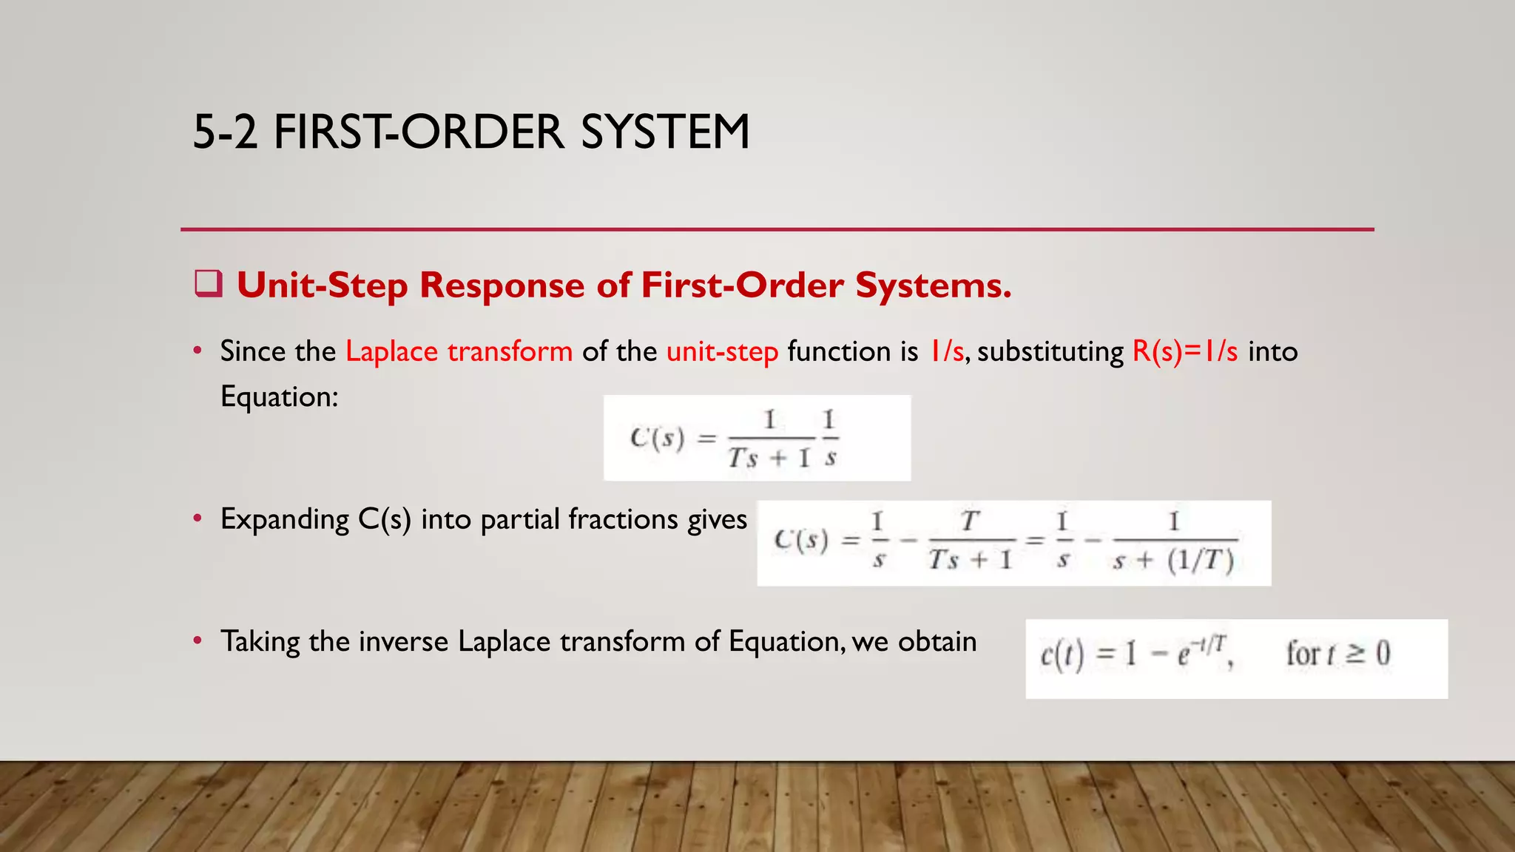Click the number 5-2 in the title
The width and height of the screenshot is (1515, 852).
click(225, 132)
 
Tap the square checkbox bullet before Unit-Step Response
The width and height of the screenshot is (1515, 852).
click(209, 284)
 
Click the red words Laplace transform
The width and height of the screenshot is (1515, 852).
click(459, 351)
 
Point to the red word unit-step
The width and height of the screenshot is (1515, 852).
click(722, 351)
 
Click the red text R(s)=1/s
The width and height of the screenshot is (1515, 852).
click(1184, 351)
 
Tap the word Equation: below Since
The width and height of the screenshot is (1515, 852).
click(279, 397)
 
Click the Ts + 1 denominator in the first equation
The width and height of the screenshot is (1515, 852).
click(770, 458)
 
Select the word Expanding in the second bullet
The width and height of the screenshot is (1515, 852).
click(284, 520)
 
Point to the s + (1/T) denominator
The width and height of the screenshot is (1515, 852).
click(1174, 561)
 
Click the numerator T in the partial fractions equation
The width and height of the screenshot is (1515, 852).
click(970, 522)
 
